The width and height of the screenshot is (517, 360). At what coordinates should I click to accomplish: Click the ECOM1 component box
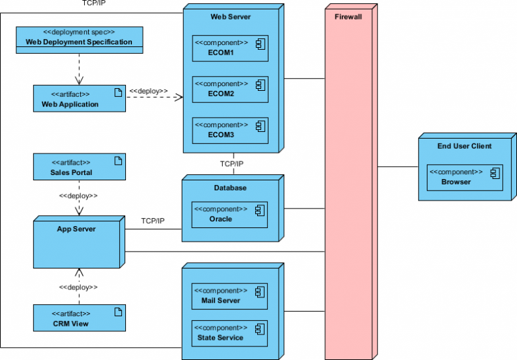tap(230, 48)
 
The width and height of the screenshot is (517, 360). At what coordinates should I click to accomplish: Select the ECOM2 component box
tap(230, 89)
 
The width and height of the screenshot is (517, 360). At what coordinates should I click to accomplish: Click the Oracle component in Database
tap(230, 214)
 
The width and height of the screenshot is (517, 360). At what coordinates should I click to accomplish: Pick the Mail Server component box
tap(230, 296)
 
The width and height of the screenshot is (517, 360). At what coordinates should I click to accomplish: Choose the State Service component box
tap(230, 333)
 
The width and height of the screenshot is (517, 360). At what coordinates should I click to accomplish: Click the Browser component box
tap(464, 177)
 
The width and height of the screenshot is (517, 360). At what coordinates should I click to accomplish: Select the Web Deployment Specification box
tap(79, 38)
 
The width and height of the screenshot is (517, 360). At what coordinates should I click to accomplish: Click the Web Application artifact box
tap(79, 99)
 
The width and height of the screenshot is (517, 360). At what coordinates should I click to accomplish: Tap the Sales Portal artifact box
tap(79, 167)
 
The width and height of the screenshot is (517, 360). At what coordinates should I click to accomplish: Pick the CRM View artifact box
tap(79, 318)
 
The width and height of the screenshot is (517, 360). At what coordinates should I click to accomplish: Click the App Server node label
tap(76, 229)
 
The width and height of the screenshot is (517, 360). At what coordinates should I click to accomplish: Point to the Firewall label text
tap(348, 16)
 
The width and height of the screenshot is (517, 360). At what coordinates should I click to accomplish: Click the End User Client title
tap(464, 145)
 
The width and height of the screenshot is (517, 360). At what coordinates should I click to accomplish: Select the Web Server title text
tap(231, 16)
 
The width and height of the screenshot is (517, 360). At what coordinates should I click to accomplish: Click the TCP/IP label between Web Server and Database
tap(232, 164)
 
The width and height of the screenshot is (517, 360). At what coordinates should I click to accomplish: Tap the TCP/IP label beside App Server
tap(153, 221)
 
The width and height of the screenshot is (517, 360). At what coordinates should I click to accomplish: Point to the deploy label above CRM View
tap(79, 287)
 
